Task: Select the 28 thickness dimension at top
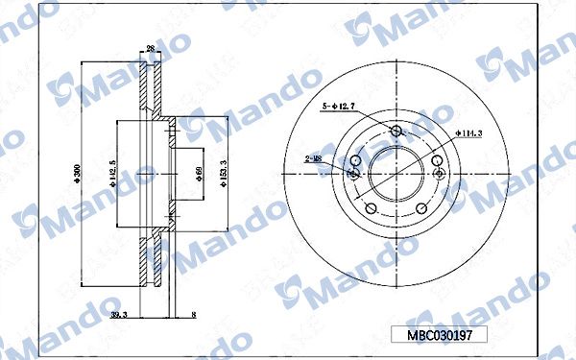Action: [151, 48]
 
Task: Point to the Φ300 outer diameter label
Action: [77, 174]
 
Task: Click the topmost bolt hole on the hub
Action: [398, 132]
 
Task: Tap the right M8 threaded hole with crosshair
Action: [441, 174]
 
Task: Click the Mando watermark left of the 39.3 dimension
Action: [58, 316]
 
